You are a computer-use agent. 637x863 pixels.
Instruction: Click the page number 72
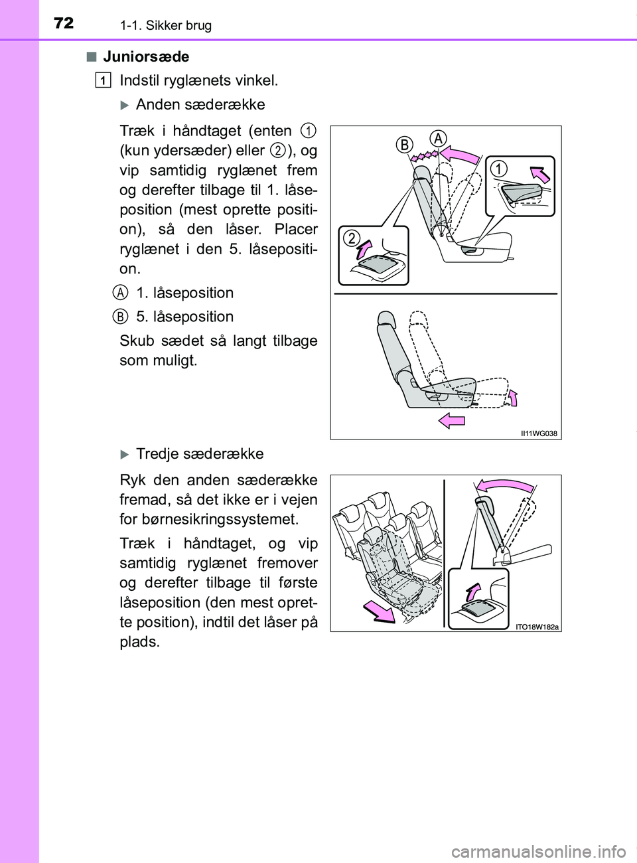pos(64,23)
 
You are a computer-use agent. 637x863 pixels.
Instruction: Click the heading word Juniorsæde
pos(146,57)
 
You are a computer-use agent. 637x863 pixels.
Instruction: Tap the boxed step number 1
pos(103,80)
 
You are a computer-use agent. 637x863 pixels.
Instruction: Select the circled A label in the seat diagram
pos(438,139)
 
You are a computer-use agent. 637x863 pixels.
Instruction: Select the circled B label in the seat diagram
pos(405,145)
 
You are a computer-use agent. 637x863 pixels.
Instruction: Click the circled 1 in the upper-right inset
pos(498,169)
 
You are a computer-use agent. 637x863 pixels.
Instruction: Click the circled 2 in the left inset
pos(352,238)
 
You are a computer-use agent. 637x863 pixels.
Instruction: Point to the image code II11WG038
pos(539,433)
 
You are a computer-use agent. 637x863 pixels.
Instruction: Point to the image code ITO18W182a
pos(537,627)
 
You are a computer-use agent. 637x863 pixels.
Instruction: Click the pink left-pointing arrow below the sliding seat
pos(452,420)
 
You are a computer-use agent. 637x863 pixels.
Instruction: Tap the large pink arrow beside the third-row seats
pos(378,609)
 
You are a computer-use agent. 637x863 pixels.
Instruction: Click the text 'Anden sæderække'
pos(200,105)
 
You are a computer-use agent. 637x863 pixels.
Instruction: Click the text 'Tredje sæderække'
pos(200,454)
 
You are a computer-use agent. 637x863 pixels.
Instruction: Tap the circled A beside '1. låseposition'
pos(120,293)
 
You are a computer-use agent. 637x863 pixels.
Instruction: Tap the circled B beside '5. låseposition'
pos(120,317)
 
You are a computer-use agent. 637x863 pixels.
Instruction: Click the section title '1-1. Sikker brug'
pos(166,25)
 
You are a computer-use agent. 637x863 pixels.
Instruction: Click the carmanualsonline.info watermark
pos(538,851)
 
